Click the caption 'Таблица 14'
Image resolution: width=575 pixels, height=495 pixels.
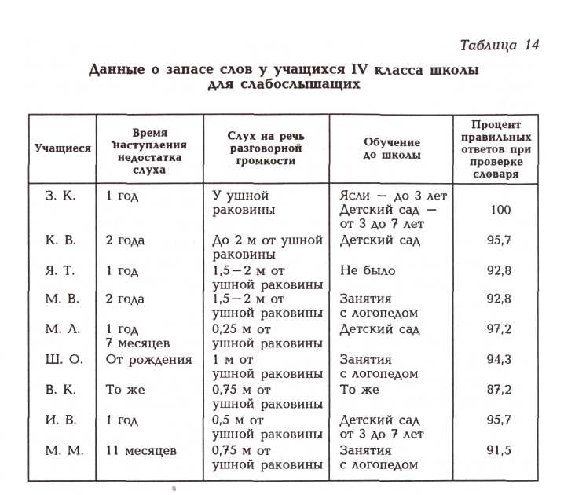(x=500, y=44)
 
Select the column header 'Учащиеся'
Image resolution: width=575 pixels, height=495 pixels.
(x=63, y=147)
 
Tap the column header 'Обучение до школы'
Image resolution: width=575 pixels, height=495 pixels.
(x=391, y=148)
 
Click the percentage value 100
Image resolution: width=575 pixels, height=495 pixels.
(x=500, y=210)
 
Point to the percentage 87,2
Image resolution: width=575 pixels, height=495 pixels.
(x=500, y=390)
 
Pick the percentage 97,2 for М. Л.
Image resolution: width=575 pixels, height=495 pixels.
(x=500, y=330)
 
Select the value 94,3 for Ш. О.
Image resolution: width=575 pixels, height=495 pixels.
(x=500, y=360)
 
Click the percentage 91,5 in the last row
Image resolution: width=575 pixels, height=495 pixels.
(x=500, y=450)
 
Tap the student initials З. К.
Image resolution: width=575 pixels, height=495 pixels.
(x=61, y=195)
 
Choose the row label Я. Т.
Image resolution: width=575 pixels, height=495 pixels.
(x=61, y=270)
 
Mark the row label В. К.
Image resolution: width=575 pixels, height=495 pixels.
(x=61, y=390)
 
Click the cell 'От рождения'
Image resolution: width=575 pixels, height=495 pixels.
(x=149, y=360)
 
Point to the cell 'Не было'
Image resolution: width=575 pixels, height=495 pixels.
(x=368, y=270)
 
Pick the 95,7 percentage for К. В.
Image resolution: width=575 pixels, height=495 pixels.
(x=500, y=240)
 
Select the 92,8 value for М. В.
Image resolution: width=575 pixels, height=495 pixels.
(x=500, y=300)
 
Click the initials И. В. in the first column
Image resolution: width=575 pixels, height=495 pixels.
(x=61, y=420)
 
